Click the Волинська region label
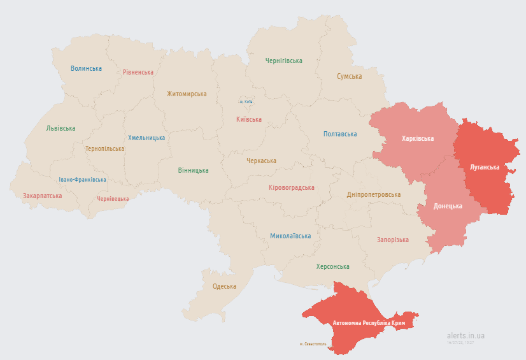(86, 69)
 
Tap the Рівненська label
(138, 73)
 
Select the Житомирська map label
(187, 94)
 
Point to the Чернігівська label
(283, 61)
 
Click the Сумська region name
(350, 76)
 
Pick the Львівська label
(60, 129)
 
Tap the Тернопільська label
(105, 149)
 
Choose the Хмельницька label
(146, 138)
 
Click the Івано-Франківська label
(83, 180)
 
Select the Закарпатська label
(43, 196)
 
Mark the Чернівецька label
(113, 199)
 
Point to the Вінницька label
(193, 171)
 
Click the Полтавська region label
(340, 134)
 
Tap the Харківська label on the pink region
(418, 139)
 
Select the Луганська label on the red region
(485, 167)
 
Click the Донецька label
(448, 207)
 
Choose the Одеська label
(224, 287)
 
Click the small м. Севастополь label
(313, 344)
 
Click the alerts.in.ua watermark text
(466, 336)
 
